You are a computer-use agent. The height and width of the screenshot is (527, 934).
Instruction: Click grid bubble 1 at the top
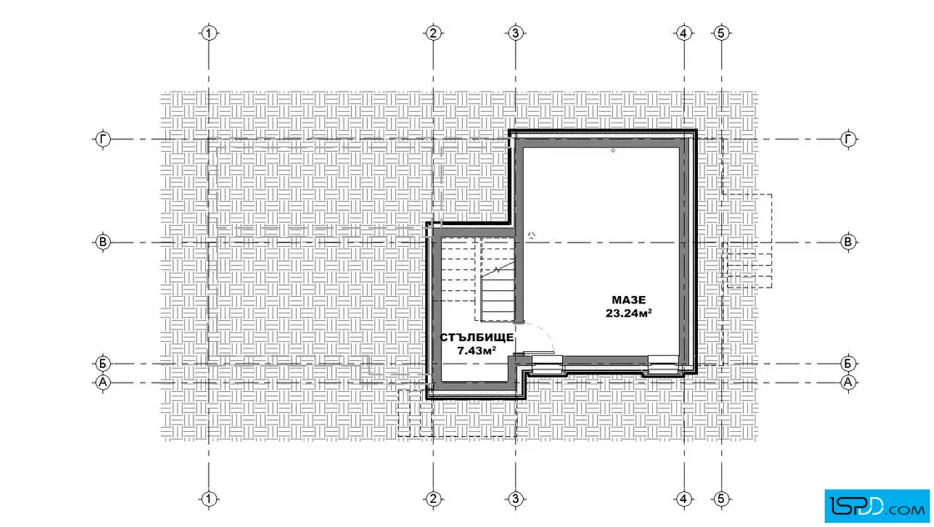pyautogui.click(x=208, y=33)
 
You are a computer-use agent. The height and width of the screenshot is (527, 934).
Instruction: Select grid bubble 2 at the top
pyautogui.click(x=433, y=33)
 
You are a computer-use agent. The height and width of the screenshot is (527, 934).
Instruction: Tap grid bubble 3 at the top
pyautogui.click(x=516, y=33)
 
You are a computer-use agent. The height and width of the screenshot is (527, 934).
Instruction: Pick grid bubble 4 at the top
pyautogui.click(x=684, y=33)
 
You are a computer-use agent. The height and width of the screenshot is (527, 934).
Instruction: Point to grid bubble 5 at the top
pyautogui.click(x=721, y=33)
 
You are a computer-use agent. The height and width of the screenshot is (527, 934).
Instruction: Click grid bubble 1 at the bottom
pyautogui.click(x=208, y=499)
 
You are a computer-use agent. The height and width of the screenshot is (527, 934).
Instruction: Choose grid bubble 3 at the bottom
pyautogui.click(x=516, y=499)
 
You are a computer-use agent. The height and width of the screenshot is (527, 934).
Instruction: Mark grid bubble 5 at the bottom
pyautogui.click(x=721, y=499)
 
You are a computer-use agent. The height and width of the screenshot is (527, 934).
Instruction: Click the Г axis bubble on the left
pyautogui.click(x=103, y=139)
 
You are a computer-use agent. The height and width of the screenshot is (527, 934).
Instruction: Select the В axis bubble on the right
pyautogui.click(x=848, y=243)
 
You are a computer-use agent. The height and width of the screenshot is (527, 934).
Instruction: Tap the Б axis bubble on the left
pyautogui.click(x=103, y=364)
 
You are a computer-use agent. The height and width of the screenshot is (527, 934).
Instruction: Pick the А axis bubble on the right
pyautogui.click(x=848, y=382)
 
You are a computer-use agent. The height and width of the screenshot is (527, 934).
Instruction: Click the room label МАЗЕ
pyautogui.click(x=629, y=300)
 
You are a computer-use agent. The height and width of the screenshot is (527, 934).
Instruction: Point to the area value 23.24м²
pyautogui.click(x=629, y=314)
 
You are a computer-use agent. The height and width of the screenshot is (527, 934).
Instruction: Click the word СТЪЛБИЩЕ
pyautogui.click(x=476, y=338)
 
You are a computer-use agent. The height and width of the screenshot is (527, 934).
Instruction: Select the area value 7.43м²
pyautogui.click(x=476, y=351)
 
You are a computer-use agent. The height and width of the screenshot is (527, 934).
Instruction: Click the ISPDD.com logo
pyautogui.click(x=877, y=506)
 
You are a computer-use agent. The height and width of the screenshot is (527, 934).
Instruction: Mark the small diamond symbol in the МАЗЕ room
pyautogui.click(x=613, y=151)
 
